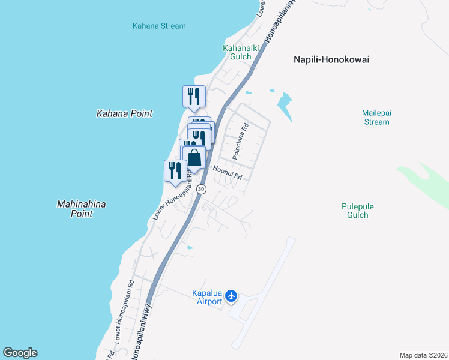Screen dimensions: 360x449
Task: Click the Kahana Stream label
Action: click(x=159, y=26)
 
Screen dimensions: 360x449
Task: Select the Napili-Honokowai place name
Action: click(x=331, y=59)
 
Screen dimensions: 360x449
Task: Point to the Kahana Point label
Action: click(x=125, y=113)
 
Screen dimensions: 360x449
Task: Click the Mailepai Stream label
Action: click(x=376, y=117)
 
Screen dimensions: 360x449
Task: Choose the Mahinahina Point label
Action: click(x=81, y=209)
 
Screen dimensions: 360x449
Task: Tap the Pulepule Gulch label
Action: click(x=358, y=211)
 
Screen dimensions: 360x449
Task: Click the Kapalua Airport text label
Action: click(x=207, y=297)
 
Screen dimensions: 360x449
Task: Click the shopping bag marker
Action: click(x=194, y=158)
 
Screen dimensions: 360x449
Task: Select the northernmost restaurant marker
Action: click(x=194, y=96)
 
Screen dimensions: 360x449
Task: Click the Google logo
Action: click(x=20, y=353)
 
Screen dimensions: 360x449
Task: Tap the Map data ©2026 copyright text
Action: click(x=423, y=355)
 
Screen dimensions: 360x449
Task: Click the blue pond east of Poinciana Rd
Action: click(x=285, y=103)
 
